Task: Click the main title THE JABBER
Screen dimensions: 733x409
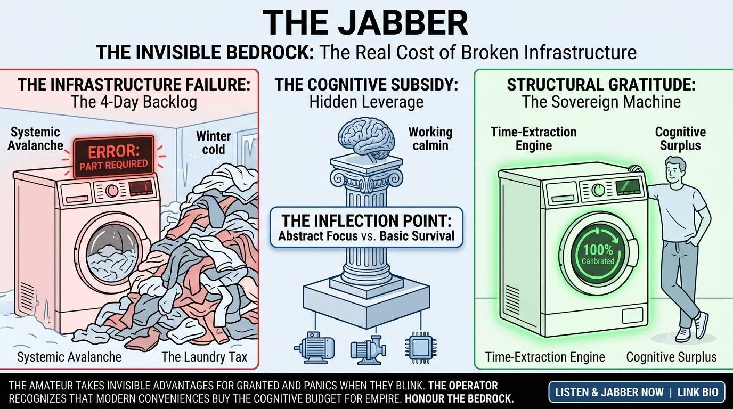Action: click(x=365, y=23)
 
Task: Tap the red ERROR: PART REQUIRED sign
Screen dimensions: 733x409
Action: click(x=113, y=158)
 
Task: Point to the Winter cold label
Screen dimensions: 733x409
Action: click(x=214, y=143)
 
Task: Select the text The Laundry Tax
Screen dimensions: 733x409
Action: click(x=205, y=357)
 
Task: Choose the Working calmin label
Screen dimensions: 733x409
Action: click(x=430, y=139)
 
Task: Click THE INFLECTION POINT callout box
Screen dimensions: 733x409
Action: click(x=366, y=227)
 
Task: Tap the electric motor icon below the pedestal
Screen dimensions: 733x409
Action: click(x=314, y=347)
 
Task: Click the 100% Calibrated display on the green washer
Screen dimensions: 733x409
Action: click(x=598, y=254)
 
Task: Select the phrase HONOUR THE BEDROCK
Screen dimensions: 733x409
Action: click(x=459, y=399)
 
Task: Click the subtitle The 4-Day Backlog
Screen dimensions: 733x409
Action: click(x=134, y=102)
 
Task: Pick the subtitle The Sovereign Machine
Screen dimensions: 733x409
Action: click(x=601, y=102)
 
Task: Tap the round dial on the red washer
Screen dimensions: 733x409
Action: click(x=112, y=190)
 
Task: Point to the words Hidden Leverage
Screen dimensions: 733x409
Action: click(x=366, y=102)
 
